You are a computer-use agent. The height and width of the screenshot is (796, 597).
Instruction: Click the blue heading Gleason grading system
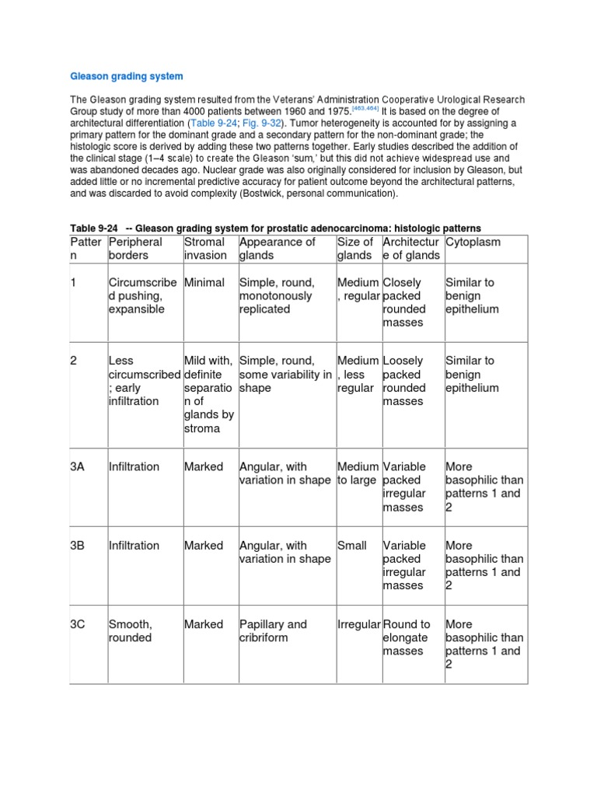[127, 76]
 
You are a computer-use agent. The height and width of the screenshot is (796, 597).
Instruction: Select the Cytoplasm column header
[473, 242]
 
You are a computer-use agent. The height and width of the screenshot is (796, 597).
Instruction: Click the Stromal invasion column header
[205, 249]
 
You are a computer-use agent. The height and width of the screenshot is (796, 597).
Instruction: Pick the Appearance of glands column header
[277, 249]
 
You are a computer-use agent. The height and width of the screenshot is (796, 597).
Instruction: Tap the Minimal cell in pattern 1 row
[204, 282]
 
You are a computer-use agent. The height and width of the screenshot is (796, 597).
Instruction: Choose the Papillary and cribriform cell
[273, 630]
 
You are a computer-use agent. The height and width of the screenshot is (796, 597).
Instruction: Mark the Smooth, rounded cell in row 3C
[131, 630]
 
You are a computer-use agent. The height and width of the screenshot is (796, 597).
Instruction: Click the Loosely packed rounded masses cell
[404, 381]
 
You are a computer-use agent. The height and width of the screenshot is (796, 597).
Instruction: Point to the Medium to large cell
[358, 473]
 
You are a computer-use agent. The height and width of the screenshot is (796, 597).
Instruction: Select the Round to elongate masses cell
[407, 637]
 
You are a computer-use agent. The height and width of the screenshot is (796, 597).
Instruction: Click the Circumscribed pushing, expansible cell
[143, 295]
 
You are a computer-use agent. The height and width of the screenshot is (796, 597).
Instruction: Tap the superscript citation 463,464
[366, 110]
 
